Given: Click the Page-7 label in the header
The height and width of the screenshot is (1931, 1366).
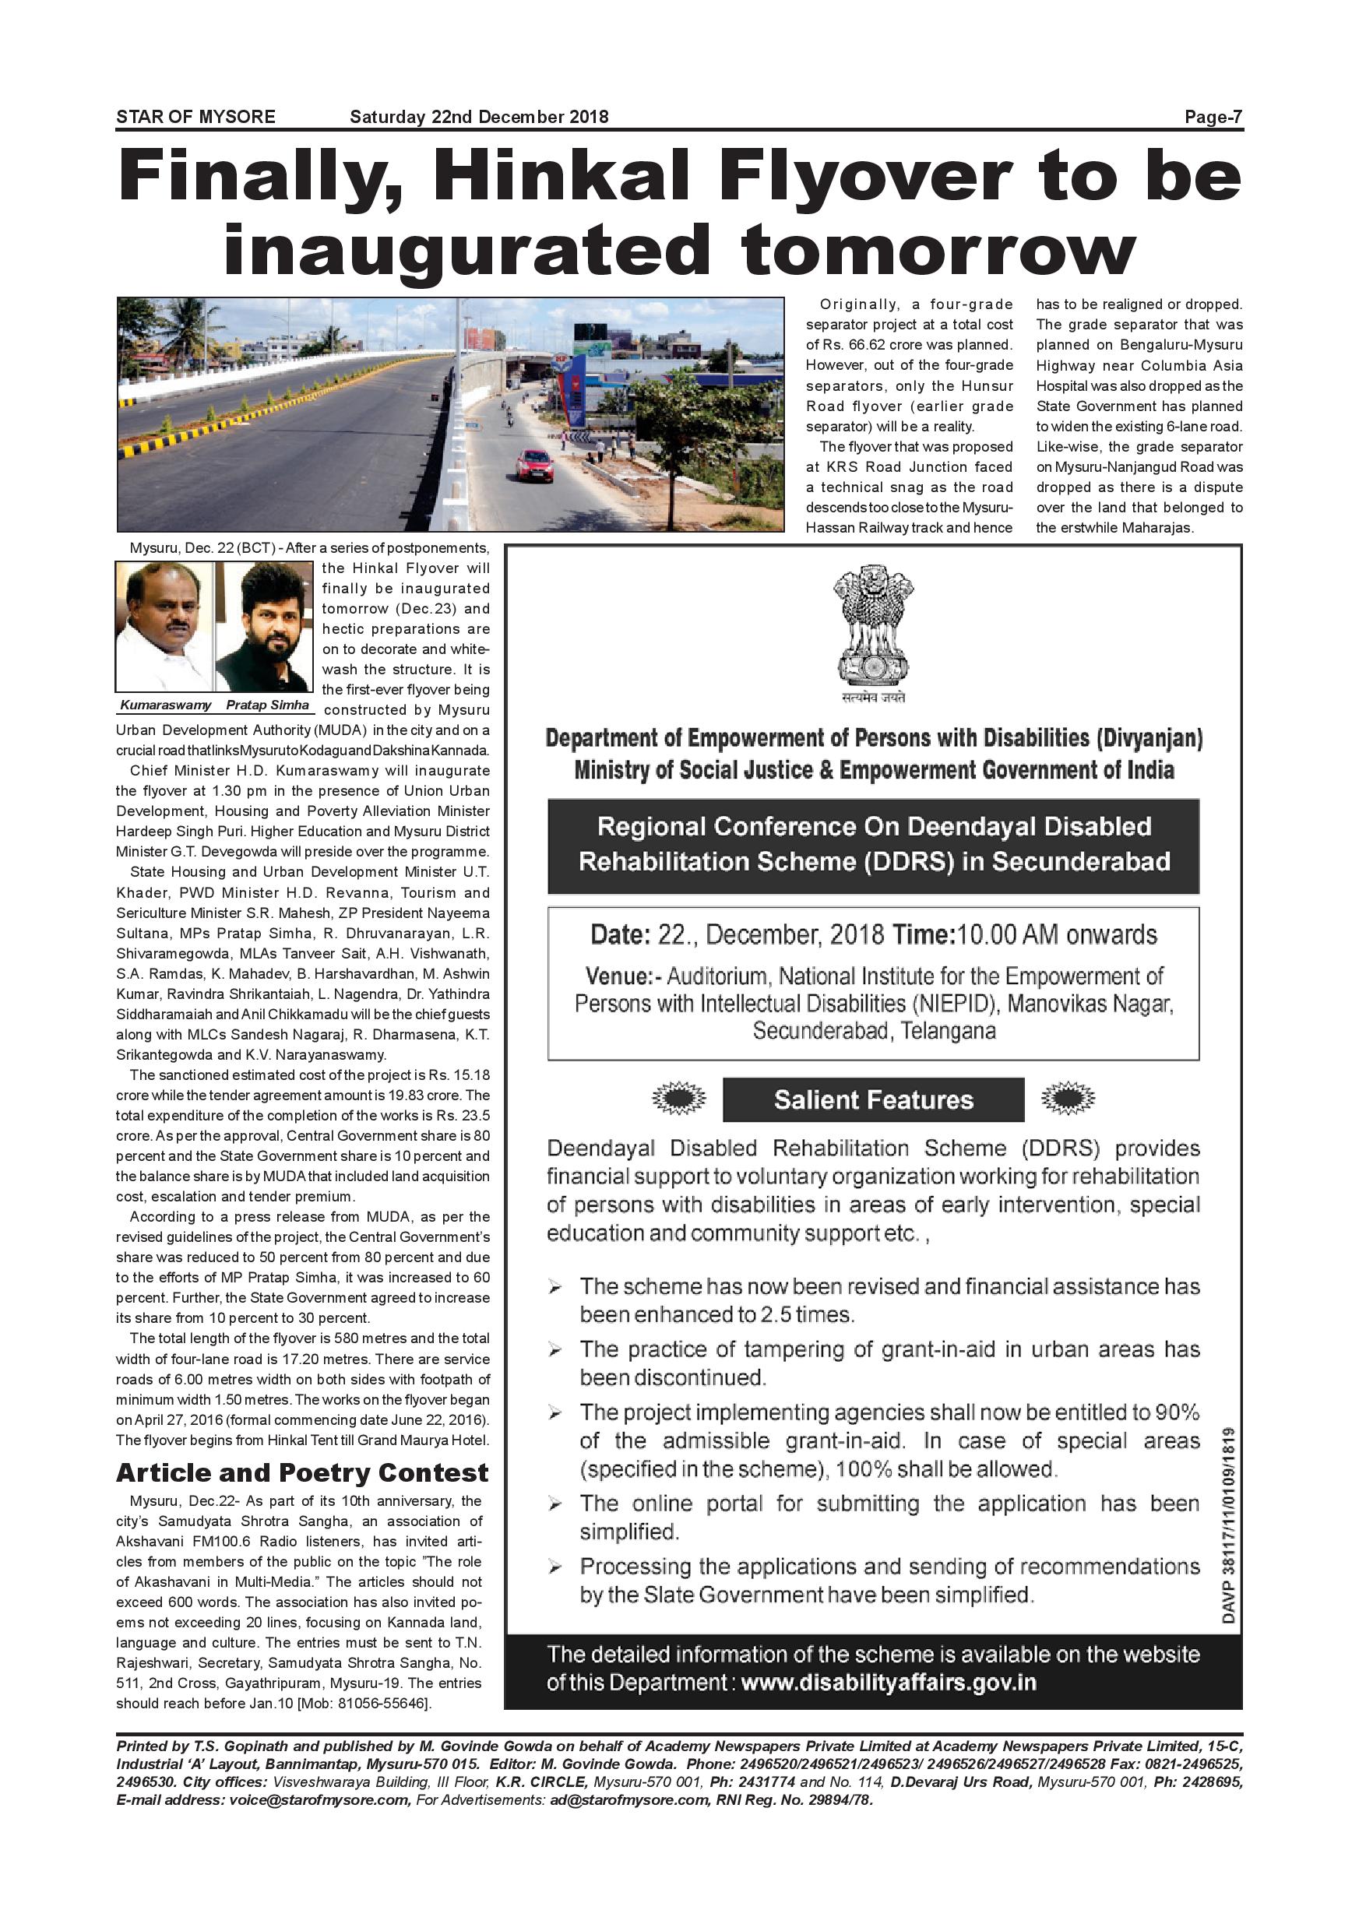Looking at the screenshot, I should (x=1213, y=117).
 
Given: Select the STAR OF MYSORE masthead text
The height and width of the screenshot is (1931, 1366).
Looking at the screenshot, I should (x=196, y=117).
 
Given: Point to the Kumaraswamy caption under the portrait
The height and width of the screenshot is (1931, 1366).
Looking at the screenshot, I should (x=166, y=705).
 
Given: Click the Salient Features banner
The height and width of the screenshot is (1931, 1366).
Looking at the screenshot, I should (x=873, y=1099).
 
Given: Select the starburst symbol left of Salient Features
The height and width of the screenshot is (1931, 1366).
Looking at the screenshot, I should (x=679, y=1098).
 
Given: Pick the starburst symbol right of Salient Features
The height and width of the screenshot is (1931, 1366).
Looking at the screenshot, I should (x=1068, y=1098).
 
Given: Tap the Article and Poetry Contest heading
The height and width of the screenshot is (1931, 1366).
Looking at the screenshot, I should (x=302, y=1472).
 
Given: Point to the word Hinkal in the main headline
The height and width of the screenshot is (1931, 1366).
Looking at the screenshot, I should (x=565, y=176).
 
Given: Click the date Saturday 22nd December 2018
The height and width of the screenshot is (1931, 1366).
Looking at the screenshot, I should (x=479, y=117).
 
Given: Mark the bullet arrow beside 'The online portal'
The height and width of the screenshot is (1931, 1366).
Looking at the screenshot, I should (x=555, y=1504).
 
